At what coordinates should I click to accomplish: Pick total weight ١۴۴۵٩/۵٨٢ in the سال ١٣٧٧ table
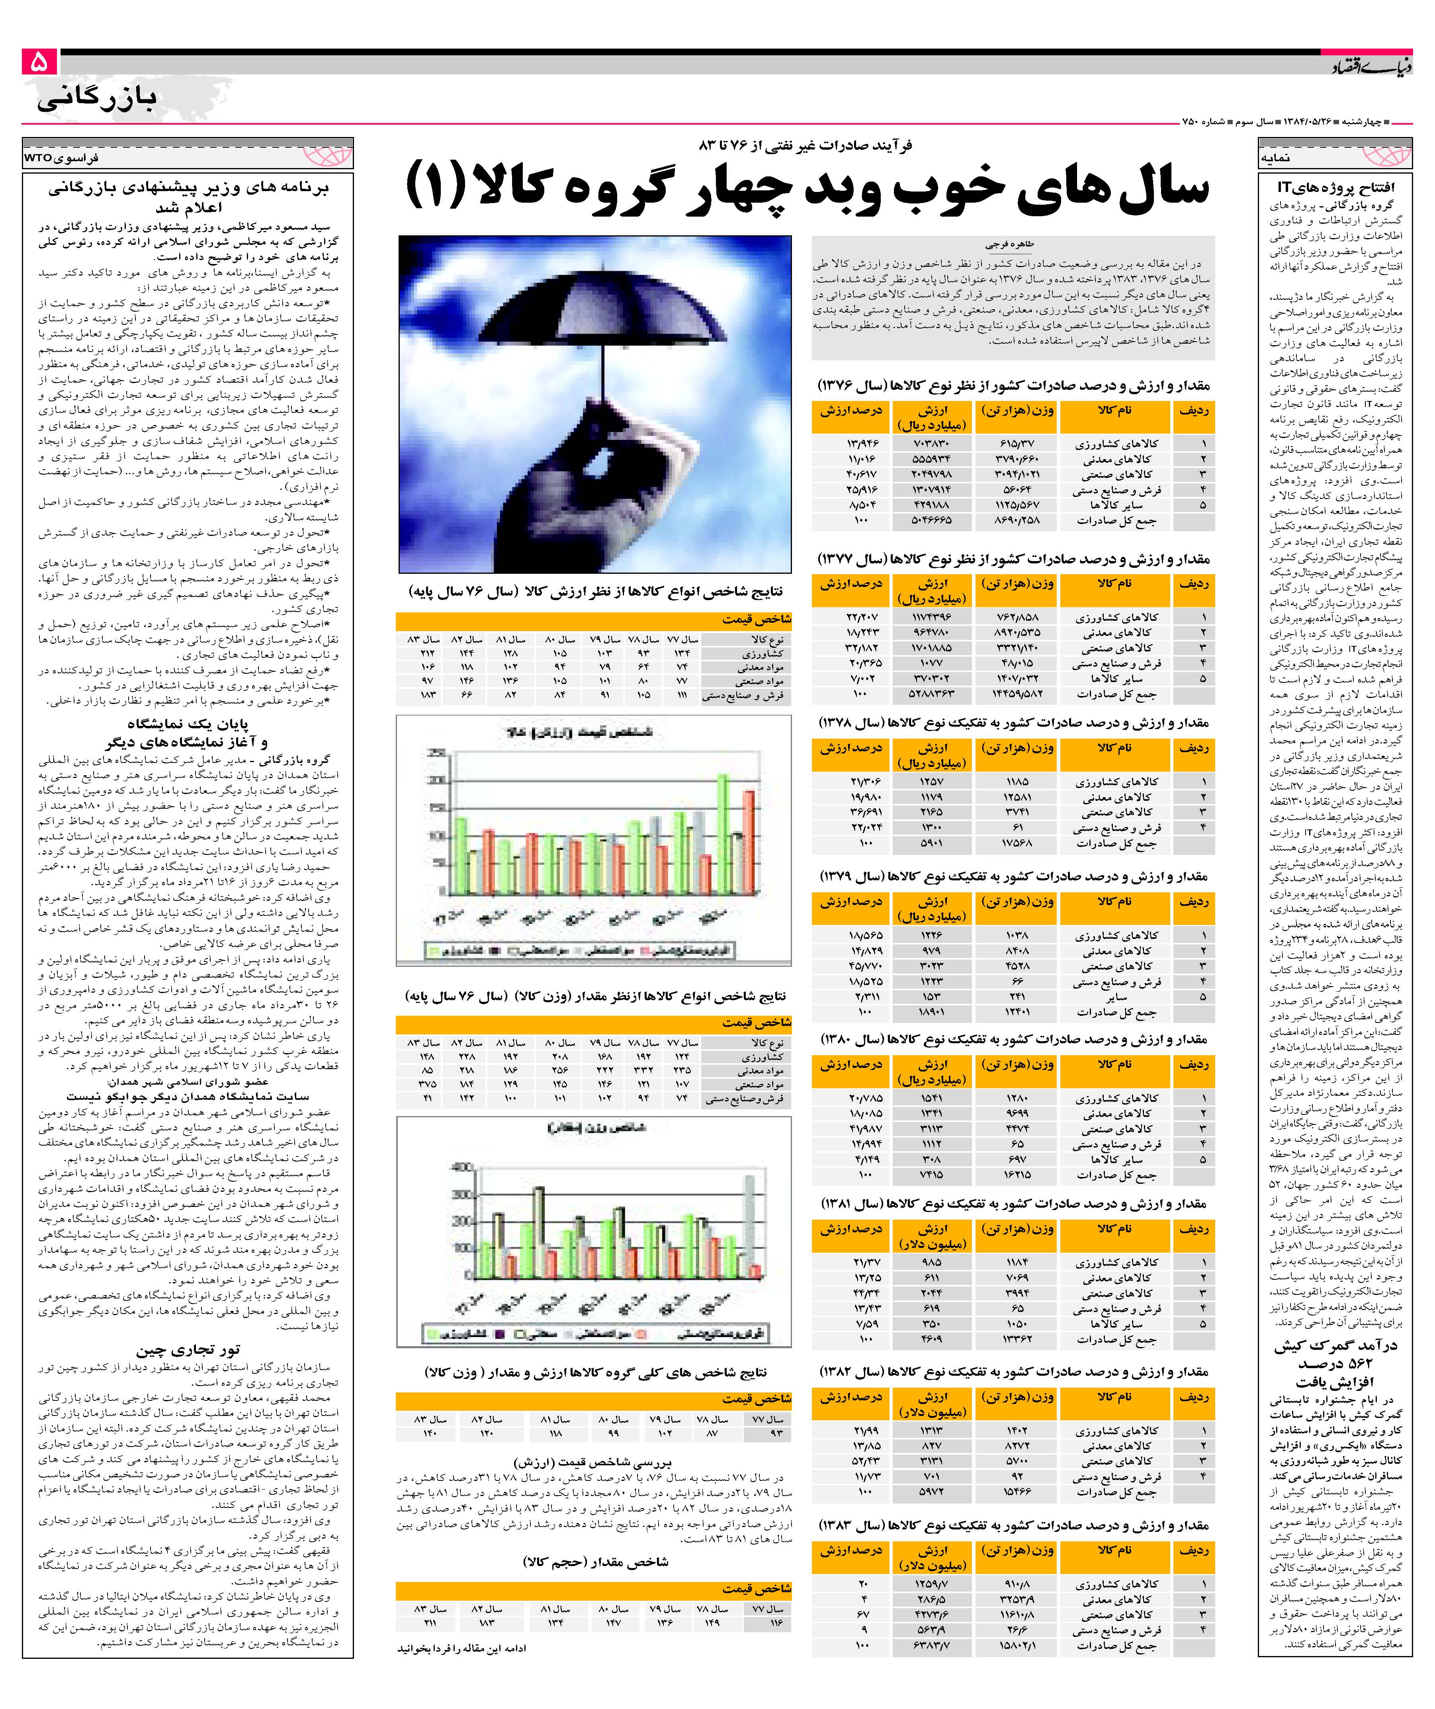pyautogui.click(x=1017, y=694)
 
